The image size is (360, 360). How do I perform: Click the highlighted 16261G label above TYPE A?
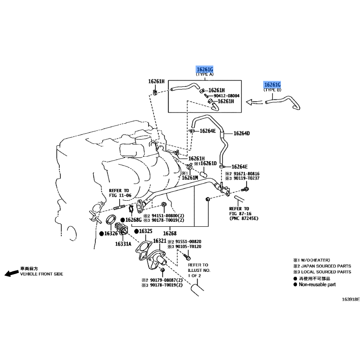coord(205,69)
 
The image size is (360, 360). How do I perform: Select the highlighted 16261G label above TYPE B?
coord(272,85)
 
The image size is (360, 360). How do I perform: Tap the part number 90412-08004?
coord(226,96)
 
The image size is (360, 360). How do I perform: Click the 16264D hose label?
coord(242,133)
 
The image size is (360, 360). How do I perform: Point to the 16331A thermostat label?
coord(123,244)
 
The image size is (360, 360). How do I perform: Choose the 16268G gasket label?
coord(133,220)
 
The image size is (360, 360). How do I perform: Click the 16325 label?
coord(145,231)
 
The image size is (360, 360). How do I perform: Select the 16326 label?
coord(111,234)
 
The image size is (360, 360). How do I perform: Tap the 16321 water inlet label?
coord(160,241)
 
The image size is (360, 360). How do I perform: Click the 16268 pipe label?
coord(170,234)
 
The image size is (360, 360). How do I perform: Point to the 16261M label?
coord(190,178)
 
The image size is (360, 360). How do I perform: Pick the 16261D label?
coord(208,163)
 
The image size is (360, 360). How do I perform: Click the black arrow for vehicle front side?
coord(12,273)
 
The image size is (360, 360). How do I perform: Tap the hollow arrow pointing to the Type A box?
coord(254,102)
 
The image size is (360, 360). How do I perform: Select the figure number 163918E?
coord(351,299)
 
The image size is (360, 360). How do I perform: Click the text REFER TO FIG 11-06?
coord(120,193)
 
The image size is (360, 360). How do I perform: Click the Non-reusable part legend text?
coord(317,285)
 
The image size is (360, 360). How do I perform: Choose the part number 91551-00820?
coord(188,242)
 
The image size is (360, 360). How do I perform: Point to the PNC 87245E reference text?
coord(244,219)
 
